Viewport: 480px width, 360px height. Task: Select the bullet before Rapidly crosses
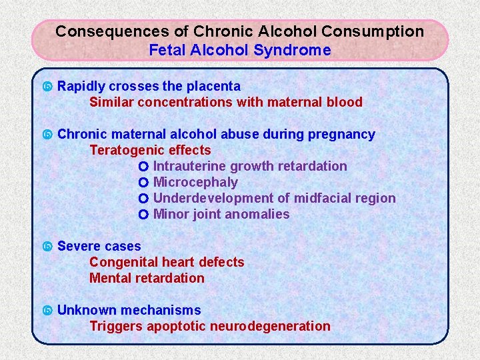[47, 87]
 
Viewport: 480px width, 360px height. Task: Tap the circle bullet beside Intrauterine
[143, 167]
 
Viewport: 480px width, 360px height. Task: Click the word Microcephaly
[195, 182]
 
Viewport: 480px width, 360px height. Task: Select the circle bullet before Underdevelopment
[143, 199]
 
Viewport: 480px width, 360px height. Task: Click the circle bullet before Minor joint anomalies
[143, 215]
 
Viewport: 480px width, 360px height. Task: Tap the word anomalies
[257, 214]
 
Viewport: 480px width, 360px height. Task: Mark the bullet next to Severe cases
[47, 247]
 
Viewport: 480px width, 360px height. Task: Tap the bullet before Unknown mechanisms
[47, 311]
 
